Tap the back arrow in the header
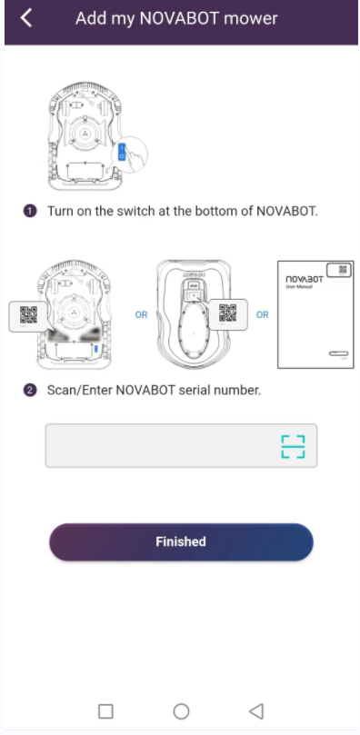click(26, 18)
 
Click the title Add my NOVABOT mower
click(176, 18)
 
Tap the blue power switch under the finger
click(122, 152)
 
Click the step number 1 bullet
click(30, 212)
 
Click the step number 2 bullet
click(30, 390)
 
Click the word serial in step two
click(196, 390)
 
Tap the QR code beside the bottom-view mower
click(28, 314)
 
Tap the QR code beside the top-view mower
click(228, 313)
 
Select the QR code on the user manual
click(343, 270)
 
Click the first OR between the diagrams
click(141, 315)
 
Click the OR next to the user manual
click(263, 315)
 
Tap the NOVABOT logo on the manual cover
click(305, 280)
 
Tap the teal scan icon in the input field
click(293, 446)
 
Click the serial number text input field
click(181, 446)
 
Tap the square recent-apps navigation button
click(105, 711)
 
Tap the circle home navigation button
click(181, 711)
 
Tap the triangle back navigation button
click(256, 711)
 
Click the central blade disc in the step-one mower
click(85, 134)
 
